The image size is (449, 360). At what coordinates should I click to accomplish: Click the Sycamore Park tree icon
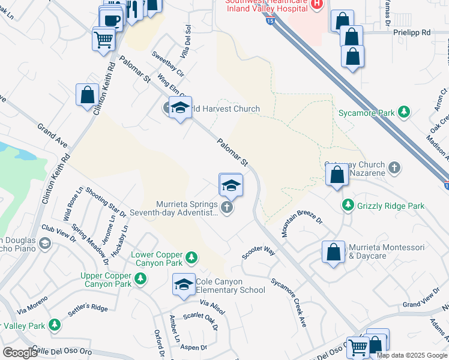click(405, 112)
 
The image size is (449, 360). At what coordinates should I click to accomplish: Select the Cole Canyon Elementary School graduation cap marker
click(184, 285)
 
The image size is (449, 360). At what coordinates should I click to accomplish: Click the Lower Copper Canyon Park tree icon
click(191, 258)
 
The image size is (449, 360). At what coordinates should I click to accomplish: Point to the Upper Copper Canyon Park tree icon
click(140, 278)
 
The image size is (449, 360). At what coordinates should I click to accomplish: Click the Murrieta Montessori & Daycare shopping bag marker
click(334, 253)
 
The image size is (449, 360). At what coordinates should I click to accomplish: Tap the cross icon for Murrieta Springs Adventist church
click(226, 208)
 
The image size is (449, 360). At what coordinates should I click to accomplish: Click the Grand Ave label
click(52, 136)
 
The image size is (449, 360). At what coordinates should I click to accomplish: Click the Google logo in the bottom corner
click(19, 353)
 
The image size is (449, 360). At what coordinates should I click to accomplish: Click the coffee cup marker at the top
click(111, 20)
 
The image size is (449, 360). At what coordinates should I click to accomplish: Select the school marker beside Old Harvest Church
click(179, 108)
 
